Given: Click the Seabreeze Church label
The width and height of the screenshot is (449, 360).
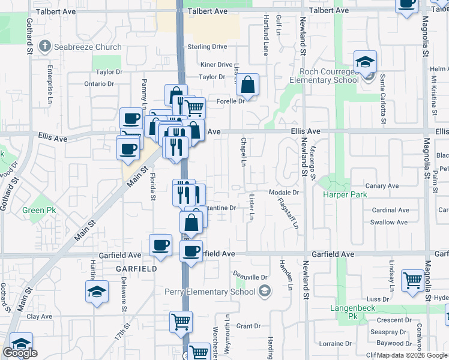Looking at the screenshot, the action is [88, 47].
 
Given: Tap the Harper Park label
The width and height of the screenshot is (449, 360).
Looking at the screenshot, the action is [345, 194].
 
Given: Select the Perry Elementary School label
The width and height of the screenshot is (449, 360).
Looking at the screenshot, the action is [213, 292].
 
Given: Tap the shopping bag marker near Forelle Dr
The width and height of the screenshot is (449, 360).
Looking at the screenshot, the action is [247, 86].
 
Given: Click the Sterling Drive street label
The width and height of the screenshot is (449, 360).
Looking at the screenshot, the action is [207, 46].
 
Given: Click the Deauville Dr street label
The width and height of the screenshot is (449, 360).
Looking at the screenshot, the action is [249, 277].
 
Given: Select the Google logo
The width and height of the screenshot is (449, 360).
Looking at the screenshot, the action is [20, 353].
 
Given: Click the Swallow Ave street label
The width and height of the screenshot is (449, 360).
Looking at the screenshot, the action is [389, 222].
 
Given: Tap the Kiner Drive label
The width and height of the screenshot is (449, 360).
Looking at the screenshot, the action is [217, 64].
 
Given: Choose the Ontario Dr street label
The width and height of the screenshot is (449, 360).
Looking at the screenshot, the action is [99, 84].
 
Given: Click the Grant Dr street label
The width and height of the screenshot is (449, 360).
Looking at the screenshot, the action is [248, 326].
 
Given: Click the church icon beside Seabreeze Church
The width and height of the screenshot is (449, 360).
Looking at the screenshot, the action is [44, 46].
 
